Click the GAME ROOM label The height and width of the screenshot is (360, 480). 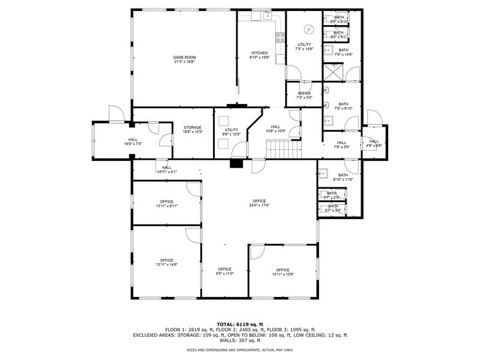tap(184, 58)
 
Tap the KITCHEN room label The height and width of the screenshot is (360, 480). tap(259, 53)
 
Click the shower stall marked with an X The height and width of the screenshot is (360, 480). tap(333, 71)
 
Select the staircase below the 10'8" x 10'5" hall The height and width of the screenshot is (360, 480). tap(284, 148)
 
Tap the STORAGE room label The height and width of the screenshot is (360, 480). tap(192, 127)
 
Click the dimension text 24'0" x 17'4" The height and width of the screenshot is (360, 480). tap(259, 206)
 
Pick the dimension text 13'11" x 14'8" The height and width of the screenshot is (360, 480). tap(167, 264)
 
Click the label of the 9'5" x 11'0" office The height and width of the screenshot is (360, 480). tap(225, 269)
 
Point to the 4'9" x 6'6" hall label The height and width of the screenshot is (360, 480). tap(373, 141)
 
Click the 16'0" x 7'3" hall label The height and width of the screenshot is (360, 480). tap(133, 140)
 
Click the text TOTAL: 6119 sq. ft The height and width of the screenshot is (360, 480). tap(239, 324)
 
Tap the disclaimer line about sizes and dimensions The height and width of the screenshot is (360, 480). tap(239, 350)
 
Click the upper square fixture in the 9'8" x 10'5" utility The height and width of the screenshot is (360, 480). tap(224, 120)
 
